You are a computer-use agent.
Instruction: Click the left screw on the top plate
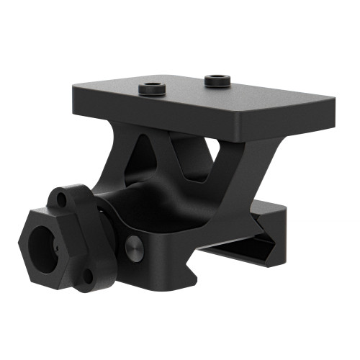[150, 89]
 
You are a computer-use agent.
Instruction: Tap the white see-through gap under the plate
[213, 149]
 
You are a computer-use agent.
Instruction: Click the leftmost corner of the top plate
[73, 93]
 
